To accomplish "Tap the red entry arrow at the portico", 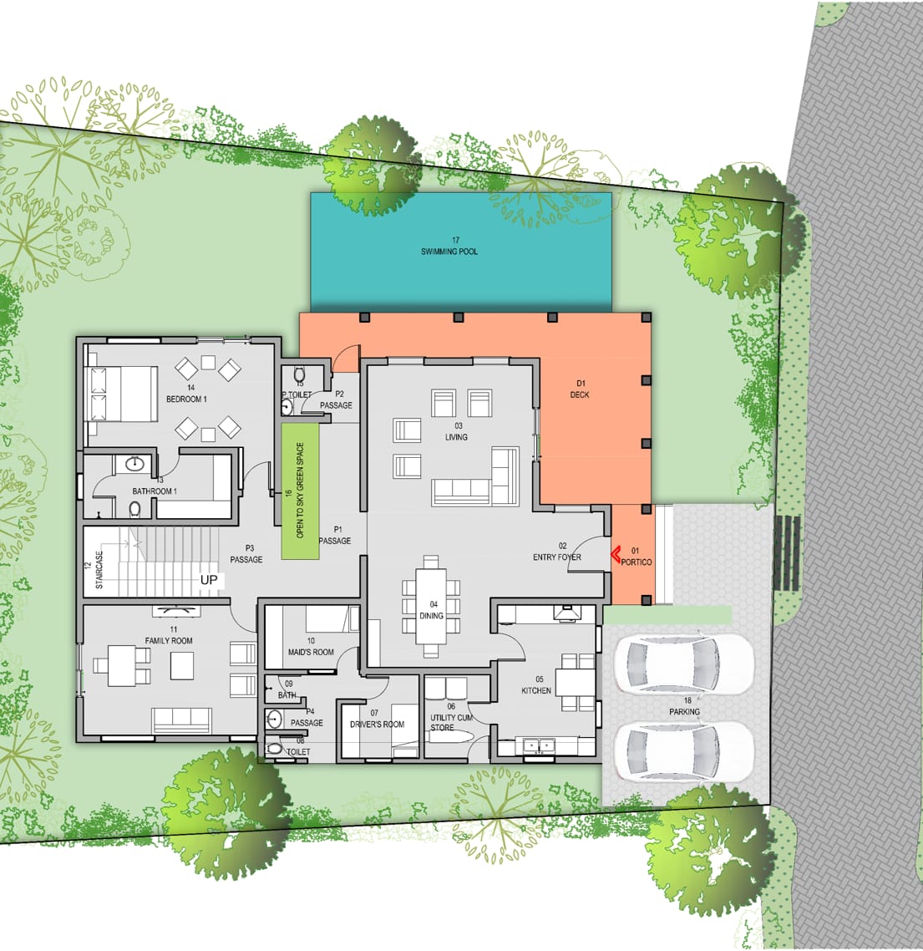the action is tap(615, 554).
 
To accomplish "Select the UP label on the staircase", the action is tap(209, 580).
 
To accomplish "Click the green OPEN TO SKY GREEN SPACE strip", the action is tap(300, 491).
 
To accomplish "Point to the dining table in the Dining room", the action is tap(431, 607).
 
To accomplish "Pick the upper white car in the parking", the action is tap(684, 664).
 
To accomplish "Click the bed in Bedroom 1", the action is tap(123, 394).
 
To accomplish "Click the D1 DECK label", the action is tap(580, 389).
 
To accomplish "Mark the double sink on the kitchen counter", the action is tap(539, 745).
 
